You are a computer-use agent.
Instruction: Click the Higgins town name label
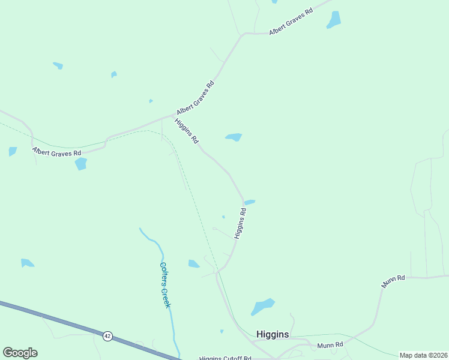273,334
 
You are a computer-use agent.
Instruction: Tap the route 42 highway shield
107,336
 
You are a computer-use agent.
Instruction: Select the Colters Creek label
165,285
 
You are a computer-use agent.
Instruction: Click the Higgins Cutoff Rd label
225,358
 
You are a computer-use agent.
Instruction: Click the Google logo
20,353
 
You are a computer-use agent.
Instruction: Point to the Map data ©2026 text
423,355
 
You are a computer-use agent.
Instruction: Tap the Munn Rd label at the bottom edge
330,345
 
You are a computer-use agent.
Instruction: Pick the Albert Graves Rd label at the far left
56,153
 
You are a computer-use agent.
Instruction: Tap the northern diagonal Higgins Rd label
187,131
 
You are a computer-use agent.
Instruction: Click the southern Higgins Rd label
240,224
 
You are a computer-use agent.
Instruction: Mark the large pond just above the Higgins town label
262,307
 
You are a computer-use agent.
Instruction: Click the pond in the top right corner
334,20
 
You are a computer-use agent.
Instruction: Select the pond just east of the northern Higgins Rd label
234,137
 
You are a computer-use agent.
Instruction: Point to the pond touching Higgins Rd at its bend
250,202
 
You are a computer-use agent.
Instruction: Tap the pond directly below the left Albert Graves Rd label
80,164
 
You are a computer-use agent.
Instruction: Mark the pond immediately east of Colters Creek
194,263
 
